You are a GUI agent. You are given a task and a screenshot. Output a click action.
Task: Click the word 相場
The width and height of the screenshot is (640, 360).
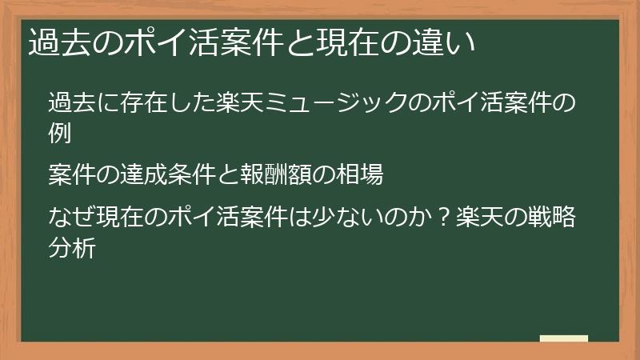click(x=360, y=174)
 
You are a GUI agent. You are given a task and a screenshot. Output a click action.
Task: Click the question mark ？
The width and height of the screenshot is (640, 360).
click(x=441, y=217)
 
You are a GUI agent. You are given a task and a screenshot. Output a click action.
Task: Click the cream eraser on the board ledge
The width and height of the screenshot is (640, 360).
click(x=563, y=338)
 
